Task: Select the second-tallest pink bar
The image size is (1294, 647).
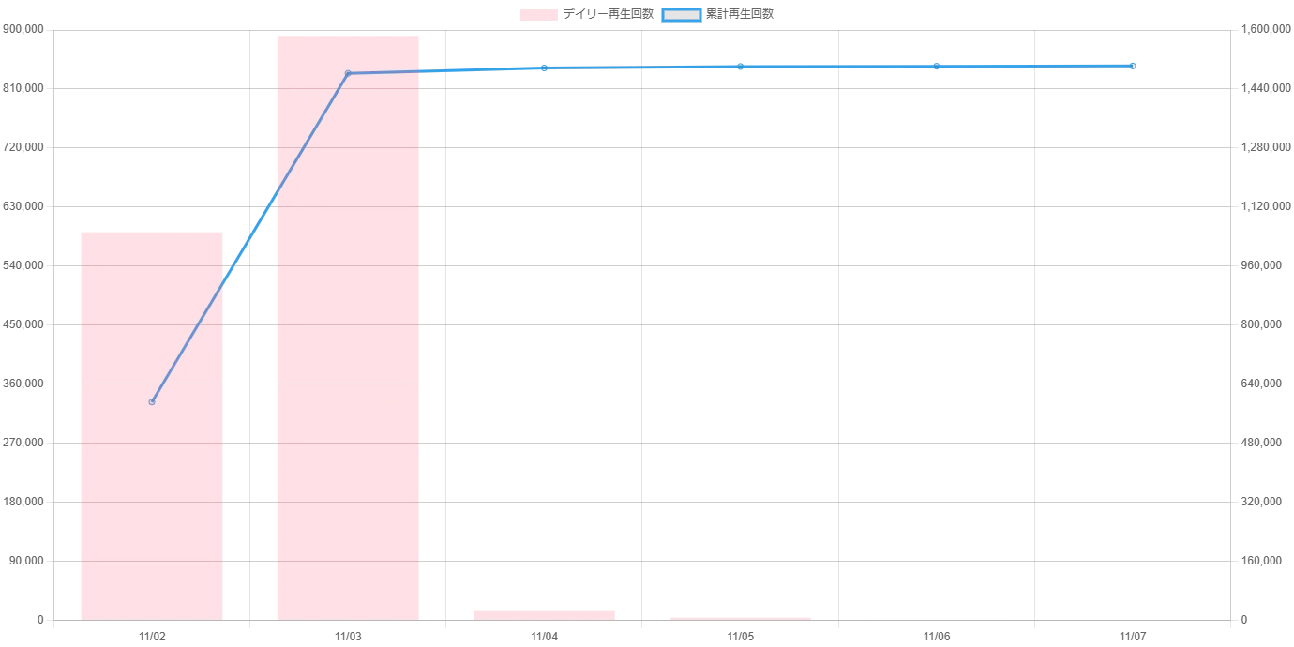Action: (152, 422)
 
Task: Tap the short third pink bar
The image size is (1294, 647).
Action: (544, 614)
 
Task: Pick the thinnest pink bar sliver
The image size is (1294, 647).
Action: (740, 618)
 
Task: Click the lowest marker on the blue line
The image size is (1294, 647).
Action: (152, 401)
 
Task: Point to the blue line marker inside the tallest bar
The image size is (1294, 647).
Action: (348, 73)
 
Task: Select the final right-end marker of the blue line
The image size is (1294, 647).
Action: (1133, 66)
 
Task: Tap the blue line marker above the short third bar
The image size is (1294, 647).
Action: (544, 68)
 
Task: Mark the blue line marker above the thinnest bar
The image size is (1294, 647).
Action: (740, 67)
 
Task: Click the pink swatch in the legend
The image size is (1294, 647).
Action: (539, 15)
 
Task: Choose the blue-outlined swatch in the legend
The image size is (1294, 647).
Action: (682, 15)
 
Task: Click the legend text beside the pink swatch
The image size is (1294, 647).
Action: (610, 15)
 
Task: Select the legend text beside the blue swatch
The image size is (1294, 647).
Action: (742, 15)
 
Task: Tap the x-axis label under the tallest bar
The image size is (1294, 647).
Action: (348, 638)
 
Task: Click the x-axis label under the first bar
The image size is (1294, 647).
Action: (153, 638)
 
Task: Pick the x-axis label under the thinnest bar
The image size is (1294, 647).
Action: (741, 638)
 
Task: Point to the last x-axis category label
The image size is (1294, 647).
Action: (1133, 638)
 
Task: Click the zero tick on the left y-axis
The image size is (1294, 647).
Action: (40, 622)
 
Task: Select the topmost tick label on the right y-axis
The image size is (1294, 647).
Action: (1259, 31)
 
